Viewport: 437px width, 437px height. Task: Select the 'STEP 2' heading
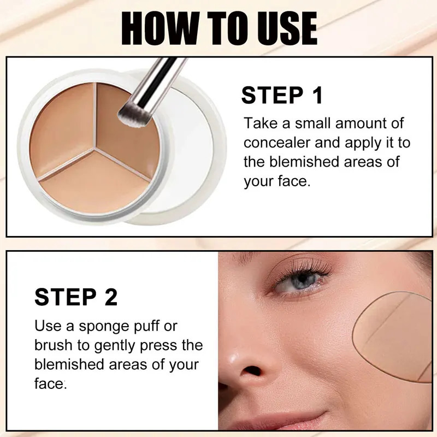click(x=76, y=298)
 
